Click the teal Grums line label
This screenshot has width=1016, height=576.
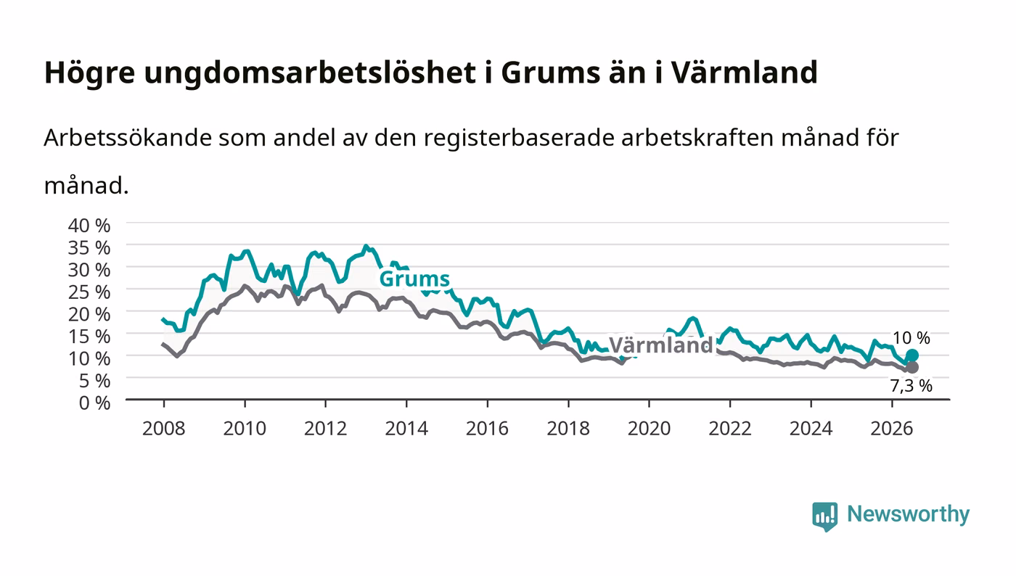tap(414, 279)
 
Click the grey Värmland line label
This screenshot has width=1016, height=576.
tap(660, 345)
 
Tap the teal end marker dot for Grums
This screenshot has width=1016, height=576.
tap(911, 355)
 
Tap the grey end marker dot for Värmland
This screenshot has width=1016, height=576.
tap(911, 367)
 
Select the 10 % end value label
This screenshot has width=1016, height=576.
tap(911, 338)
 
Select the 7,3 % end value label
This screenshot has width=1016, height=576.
tap(911, 386)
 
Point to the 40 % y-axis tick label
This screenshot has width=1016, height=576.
tap(89, 226)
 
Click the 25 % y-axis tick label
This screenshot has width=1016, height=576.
tap(89, 292)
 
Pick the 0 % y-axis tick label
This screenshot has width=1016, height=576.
tap(94, 403)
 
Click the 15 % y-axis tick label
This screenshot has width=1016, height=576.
tap(89, 337)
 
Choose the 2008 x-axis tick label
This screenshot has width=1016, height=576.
tap(164, 429)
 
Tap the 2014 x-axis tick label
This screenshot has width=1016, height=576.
tap(406, 429)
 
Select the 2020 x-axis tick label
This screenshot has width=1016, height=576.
tap(649, 429)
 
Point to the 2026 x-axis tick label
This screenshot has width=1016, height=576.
tap(892, 429)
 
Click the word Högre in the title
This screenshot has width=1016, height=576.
tap(90, 73)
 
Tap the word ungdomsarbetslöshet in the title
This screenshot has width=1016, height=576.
tap(311, 73)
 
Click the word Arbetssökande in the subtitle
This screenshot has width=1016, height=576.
tap(128, 137)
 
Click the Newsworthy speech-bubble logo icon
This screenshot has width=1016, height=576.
tap(825, 517)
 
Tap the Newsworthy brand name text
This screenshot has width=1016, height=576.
tap(909, 515)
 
